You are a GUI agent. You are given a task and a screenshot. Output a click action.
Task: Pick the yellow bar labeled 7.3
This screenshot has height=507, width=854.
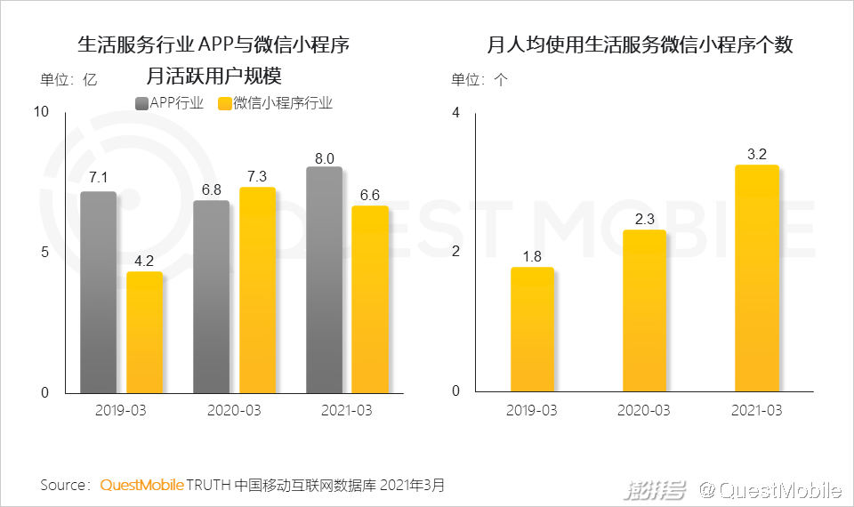click(x=257, y=290)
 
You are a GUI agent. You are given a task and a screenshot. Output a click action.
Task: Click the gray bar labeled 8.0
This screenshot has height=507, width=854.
click(x=324, y=279)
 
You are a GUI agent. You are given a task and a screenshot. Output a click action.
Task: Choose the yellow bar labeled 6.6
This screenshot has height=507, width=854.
click(x=370, y=299)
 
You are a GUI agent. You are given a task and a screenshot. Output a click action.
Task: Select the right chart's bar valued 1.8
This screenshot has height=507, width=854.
click(x=532, y=329)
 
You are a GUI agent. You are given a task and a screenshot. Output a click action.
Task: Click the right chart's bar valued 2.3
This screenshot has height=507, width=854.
click(x=645, y=310)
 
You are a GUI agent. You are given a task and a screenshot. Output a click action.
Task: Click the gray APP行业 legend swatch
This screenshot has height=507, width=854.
click(x=141, y=103)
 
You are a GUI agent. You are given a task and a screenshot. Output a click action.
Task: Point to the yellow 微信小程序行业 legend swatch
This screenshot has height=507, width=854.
click(x=224, y=103)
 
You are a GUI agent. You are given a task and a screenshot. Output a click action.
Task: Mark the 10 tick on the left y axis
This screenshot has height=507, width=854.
click(x=41, y=111)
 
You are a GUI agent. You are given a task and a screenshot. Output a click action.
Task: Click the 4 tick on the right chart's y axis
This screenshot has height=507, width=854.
click(x=455, y=113)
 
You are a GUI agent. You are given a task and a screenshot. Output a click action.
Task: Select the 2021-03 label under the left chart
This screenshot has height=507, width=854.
click(x=346, y=411)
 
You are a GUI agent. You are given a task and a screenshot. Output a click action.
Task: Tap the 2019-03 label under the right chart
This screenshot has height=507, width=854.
click(x=532, y=410)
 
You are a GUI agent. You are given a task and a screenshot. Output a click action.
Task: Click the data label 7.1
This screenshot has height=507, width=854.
click(x=98, y=177)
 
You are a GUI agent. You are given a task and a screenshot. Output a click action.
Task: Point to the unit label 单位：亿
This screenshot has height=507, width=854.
click(x=68, y=79)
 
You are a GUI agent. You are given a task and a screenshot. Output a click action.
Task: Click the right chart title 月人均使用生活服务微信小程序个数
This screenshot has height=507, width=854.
click(x=640, y=44)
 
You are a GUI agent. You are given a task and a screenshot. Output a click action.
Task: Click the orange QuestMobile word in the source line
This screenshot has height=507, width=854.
click(x=142, y=486)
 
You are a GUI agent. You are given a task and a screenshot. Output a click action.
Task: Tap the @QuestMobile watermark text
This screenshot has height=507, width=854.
click(x=769, y=489)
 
